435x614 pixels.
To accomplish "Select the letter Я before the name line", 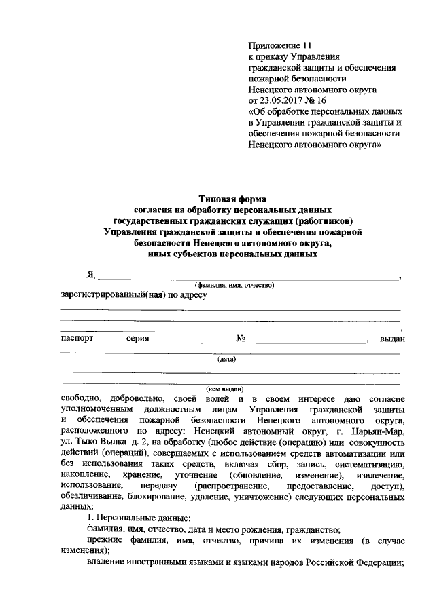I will [90, 274].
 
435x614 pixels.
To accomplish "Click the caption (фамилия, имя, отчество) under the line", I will [234, 285].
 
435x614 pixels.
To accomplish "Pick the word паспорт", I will [77, 338].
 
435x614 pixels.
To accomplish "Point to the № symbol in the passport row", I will [240, 338].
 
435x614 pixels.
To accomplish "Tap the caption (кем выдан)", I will [225, 390].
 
